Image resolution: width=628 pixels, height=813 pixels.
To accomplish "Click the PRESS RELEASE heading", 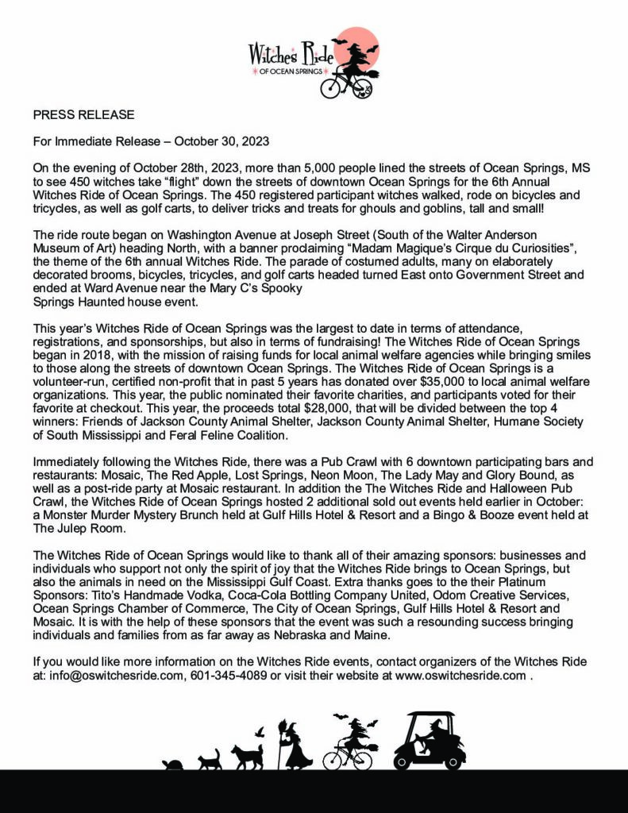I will [84, 115].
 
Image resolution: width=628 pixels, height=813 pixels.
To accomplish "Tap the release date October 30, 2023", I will [222, 142].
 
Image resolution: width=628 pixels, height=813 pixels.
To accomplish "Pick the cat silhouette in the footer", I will [210, 760].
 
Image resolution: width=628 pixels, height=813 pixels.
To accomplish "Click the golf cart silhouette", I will [430, 742].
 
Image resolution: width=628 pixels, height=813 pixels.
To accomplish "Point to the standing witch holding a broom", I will [295, 746].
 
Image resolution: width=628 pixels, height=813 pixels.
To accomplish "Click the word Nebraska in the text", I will [496, 636].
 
